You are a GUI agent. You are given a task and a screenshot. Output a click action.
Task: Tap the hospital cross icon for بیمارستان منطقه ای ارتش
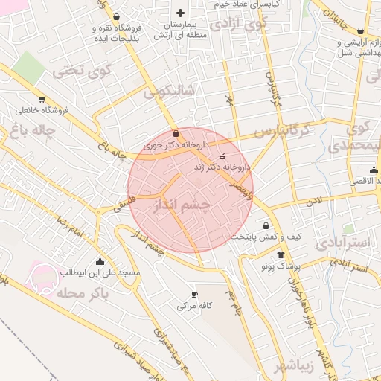(x=179, y=13)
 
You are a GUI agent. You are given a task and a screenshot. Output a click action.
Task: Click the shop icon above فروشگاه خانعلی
(x=41, y=97)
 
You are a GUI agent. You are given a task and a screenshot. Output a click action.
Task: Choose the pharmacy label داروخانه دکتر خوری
(x=172, y=146)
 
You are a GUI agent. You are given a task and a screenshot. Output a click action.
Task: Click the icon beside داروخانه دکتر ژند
(x=222, y=158)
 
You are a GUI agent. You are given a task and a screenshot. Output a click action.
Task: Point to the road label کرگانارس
(x=279, y=132)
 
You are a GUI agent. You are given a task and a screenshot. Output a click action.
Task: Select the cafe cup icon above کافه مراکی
(x=195, y=294)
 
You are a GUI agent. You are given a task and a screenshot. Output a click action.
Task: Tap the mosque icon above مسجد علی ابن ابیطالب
(x=100, y=261)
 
